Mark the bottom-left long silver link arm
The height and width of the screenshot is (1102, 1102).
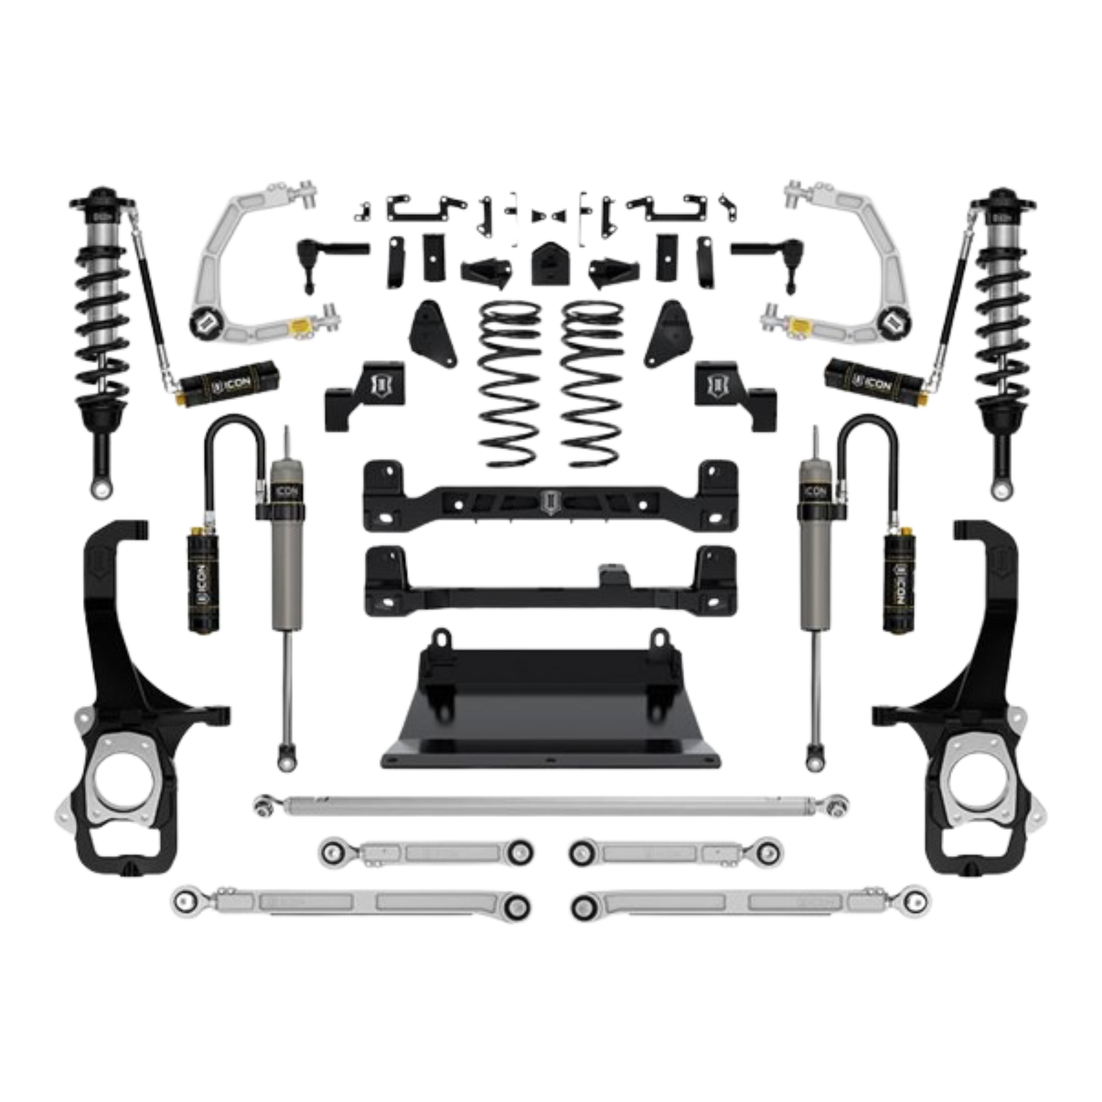pos(351,904)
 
